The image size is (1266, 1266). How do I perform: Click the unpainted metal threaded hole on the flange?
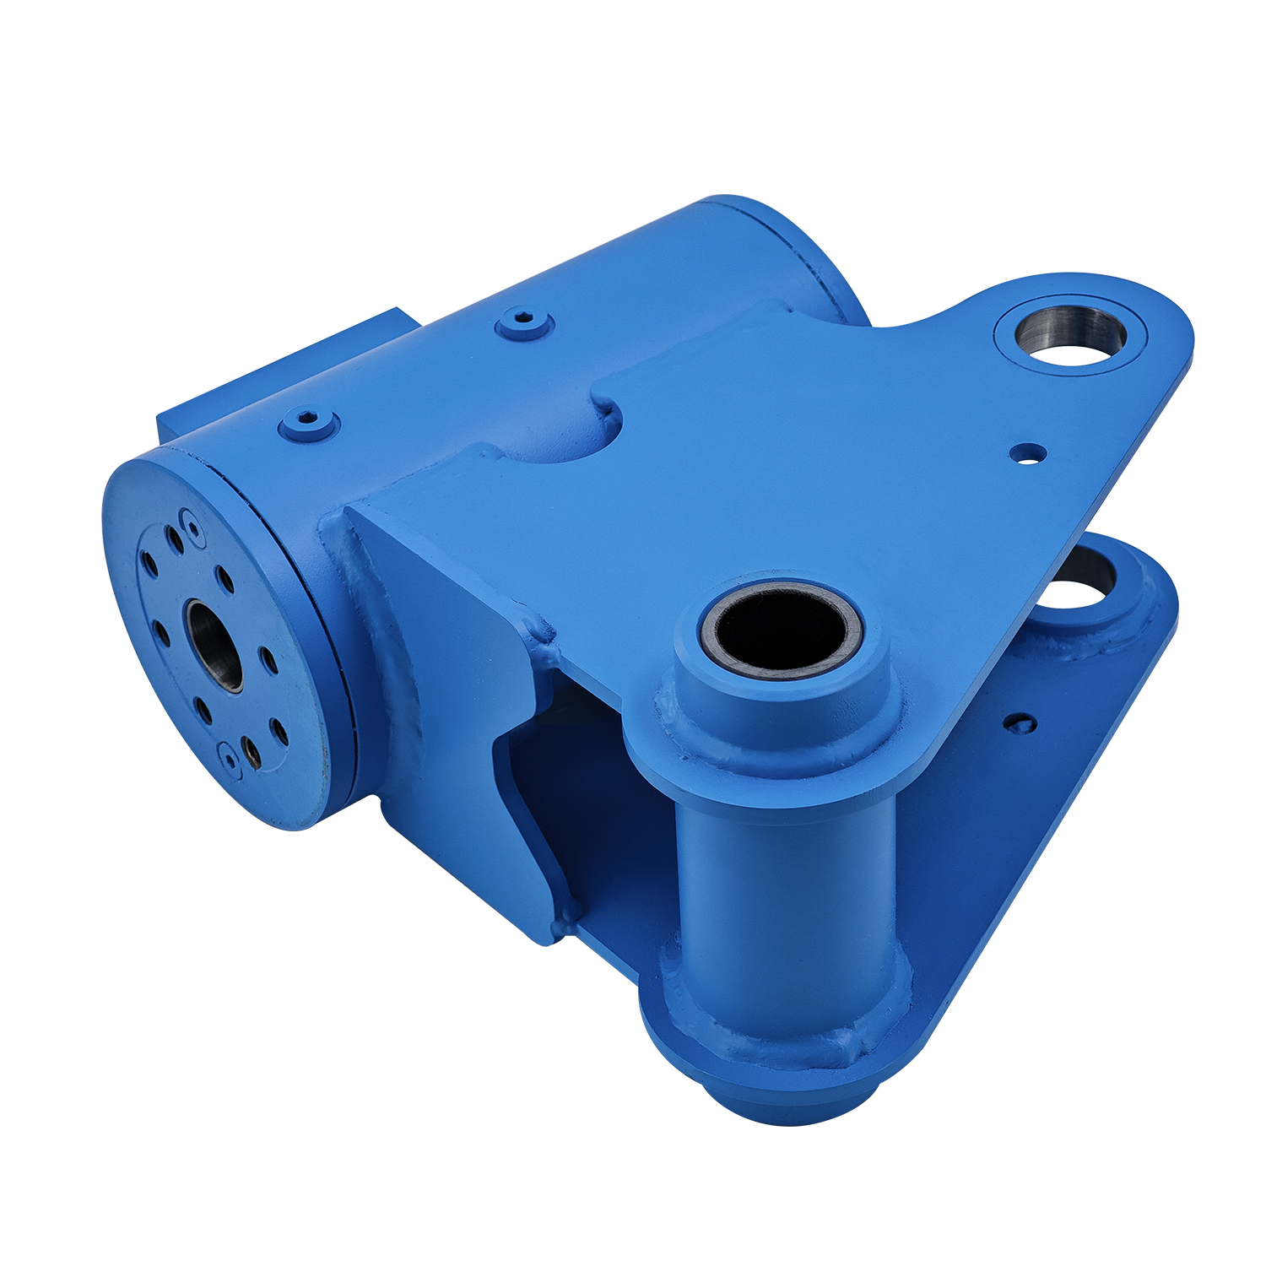click(x=251, y=748)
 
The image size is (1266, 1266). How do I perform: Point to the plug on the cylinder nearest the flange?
click(x=308, y=422)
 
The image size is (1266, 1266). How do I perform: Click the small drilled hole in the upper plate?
click(x=1027, y=453)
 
